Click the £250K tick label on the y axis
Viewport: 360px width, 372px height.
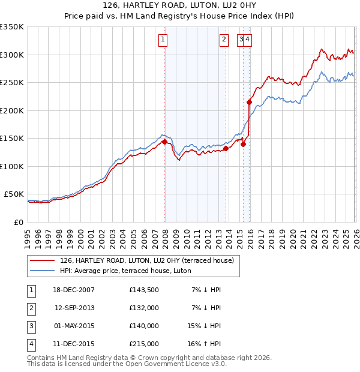(12, 83)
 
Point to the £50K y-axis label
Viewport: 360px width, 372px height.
(14, 194)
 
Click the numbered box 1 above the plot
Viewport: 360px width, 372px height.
(163, 40)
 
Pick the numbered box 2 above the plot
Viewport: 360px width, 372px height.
(224, 40)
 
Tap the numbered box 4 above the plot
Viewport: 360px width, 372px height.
(247, 40)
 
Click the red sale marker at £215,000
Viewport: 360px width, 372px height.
(249, 103)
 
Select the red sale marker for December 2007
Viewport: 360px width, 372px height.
(164, 142)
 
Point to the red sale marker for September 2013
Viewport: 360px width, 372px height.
(226, 149)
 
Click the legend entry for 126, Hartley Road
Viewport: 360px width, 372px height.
(150, 260)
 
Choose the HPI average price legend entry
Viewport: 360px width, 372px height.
(125, 271)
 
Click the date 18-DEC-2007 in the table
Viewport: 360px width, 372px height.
(74, 290)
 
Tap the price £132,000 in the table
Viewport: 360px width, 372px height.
(144, 308)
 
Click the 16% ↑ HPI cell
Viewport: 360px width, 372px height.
(205, 344)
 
